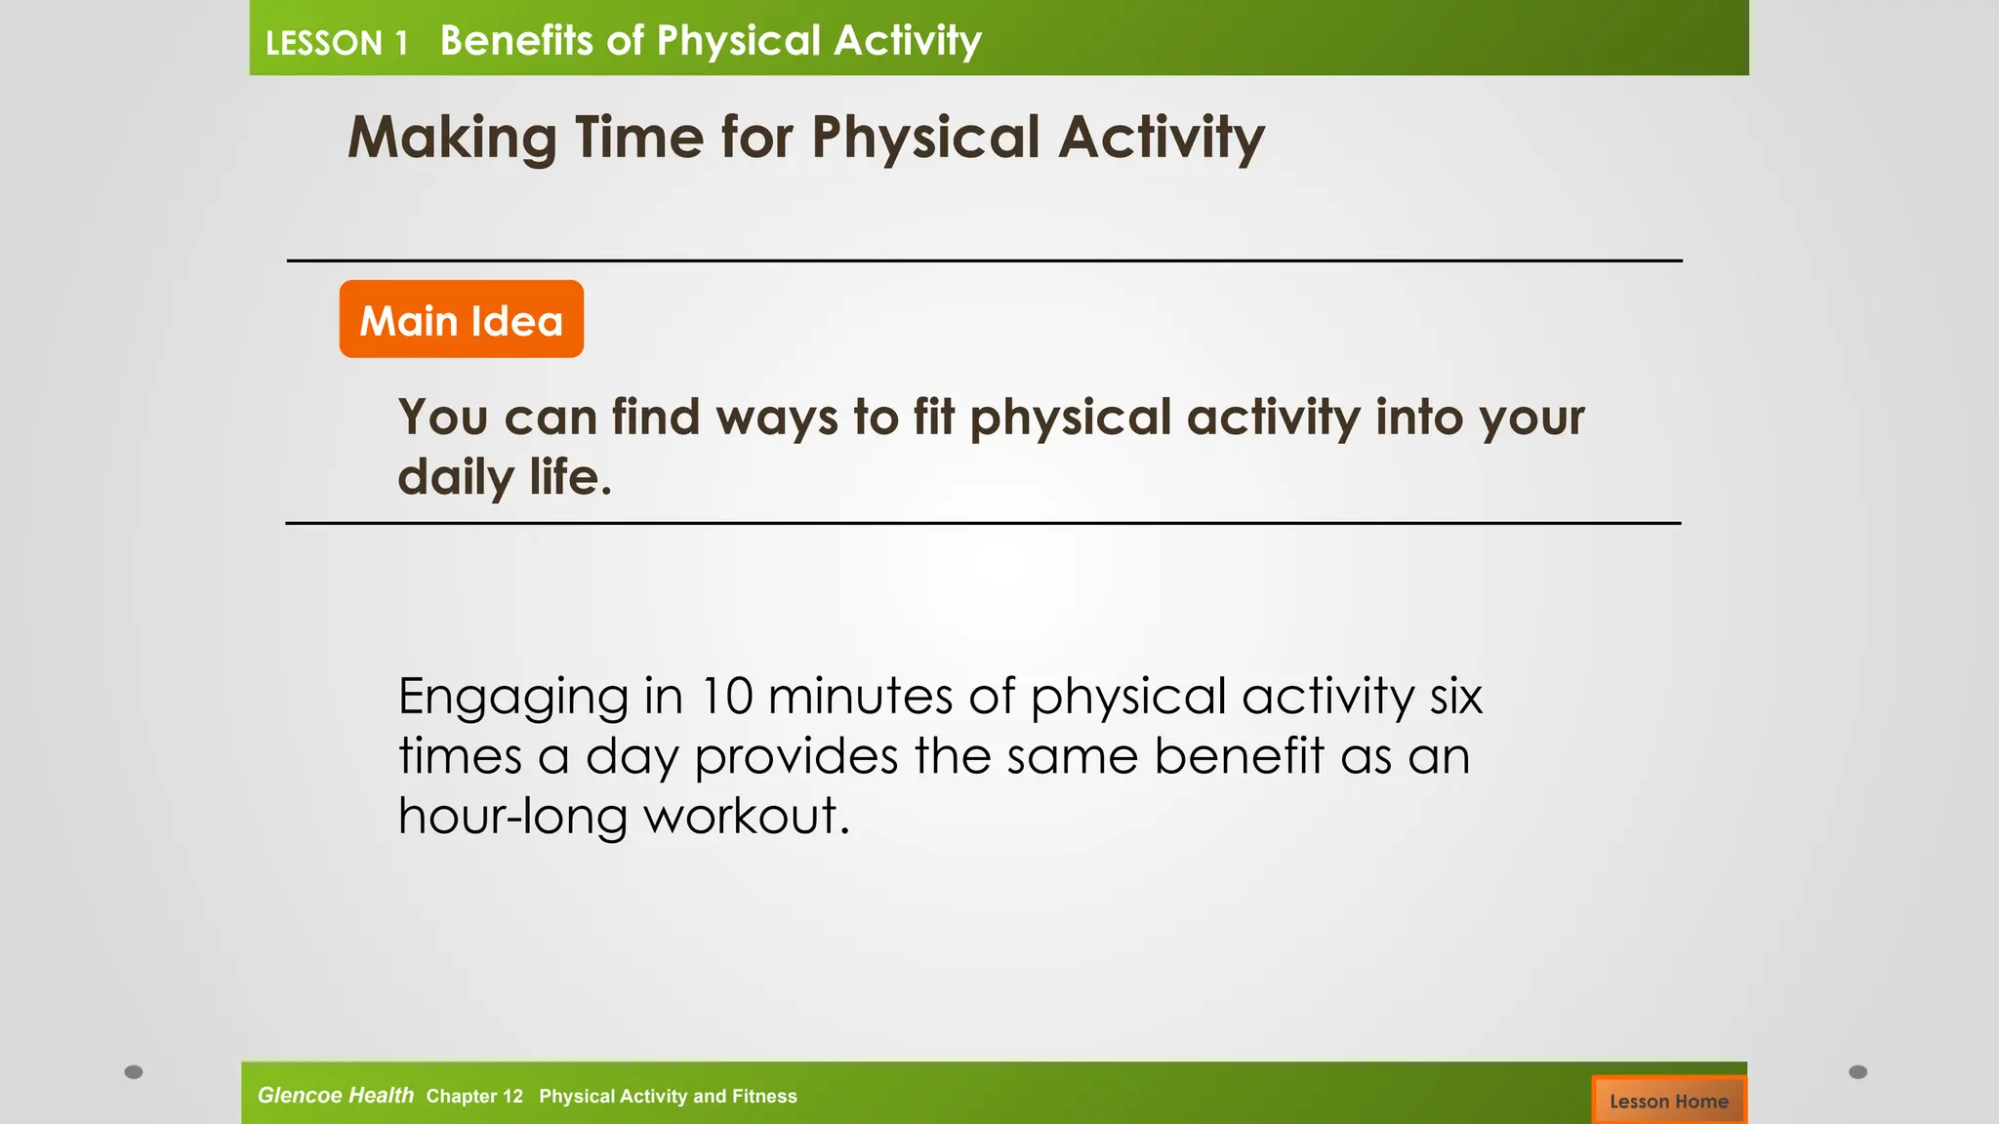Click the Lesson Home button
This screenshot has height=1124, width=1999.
pos(1668,1101)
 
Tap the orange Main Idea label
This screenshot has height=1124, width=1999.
pos(462,320)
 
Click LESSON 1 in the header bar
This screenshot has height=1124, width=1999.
pos(336,43)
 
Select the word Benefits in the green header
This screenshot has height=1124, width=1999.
pos(516,41)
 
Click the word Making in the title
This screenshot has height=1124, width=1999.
pos(452,138)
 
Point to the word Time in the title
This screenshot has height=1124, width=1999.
pos(638,137)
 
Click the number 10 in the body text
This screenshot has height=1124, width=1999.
pos(726,697)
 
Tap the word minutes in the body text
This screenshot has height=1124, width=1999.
pos(860,697)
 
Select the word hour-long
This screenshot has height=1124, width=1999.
pos(512,816)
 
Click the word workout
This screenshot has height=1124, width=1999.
pos(747,816)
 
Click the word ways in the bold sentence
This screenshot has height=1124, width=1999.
pos(777,418)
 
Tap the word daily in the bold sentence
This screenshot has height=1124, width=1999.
pos(455,478)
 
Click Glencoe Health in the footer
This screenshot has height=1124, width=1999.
pos(335,1096)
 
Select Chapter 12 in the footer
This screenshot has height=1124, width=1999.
pos(474,1097)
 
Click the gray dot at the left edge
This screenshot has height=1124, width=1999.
pos(134,1072)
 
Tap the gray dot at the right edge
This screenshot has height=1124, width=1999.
pos(1857,1072)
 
